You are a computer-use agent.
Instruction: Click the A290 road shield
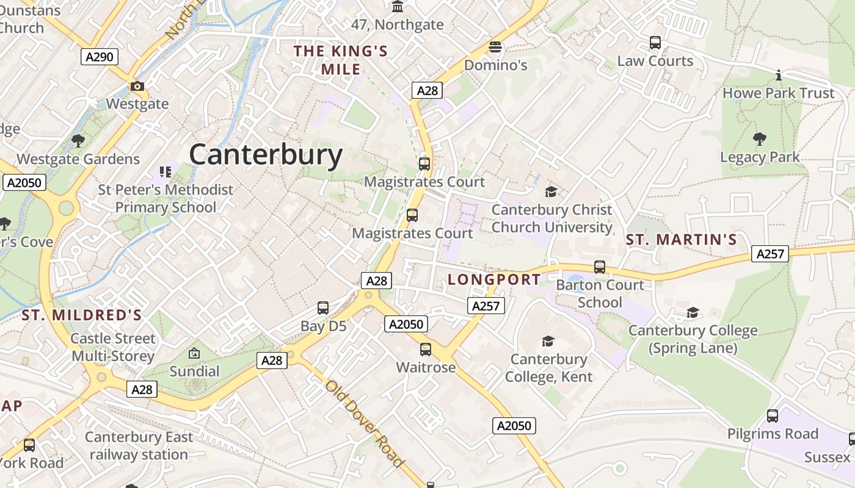pyautogui.click(x=100, y=57)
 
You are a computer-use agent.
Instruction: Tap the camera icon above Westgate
pyautogui.click(x=137, y=86)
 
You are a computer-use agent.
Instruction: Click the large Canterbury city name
pyautogui.click(x=266, y=155)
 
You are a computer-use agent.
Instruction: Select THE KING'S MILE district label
pyautogui.click(x=341, y=60)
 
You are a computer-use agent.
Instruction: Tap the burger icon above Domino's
pyautogui.click(x=495, y=47)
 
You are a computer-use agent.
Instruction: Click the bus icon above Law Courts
pyautogui.click(x=655, y=43)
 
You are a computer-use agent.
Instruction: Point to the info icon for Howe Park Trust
pyautogui.click(x=779, y=75)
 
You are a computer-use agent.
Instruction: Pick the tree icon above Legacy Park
pyautogui.click(x=760, y=139)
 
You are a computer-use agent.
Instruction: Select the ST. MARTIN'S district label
pyautogui.click(x=682, y=240)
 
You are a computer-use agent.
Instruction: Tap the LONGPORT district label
pyautogui.click(x=494, y=279)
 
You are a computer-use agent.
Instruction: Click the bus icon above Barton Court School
pyautogui.click(x=600, y=267)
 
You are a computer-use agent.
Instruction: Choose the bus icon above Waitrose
pyautogui.click(x=426, y=350)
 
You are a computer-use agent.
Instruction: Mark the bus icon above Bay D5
pyautogui.click(x=323, y=308)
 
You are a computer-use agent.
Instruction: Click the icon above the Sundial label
pyautogui.click(x=194, y=353)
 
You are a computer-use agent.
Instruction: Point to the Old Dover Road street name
pyautogui.click(x=365, y=423)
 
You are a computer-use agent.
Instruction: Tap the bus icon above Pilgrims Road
pyautogui.click(x=773, y=416)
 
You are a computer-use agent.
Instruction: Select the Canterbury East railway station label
pyautogui.click(x=139, y=446)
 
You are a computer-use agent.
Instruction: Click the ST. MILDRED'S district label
pyautogui.click(x=82, y=315)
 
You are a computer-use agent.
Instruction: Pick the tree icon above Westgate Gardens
pyautogui.click(x=78, y=141)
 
